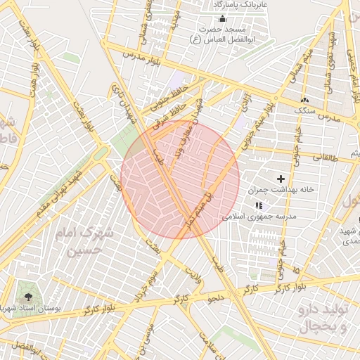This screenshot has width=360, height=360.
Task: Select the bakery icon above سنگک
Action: pos(305,99)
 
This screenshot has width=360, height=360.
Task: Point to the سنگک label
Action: pos(305,110)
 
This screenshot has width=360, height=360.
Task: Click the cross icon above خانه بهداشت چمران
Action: pos(282,179)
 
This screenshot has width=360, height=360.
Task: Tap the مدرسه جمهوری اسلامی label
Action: pos(259,217)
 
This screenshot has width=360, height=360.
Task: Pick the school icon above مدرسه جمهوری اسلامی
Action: pos(259,205)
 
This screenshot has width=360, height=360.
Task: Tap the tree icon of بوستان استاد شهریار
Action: pos(27,291)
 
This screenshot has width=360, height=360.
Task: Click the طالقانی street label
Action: pos(325,159)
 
